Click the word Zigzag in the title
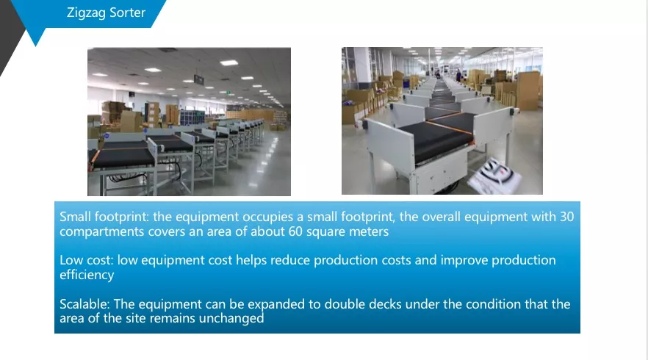pos(85,12)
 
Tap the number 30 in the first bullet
pos(566,216)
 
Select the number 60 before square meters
pos(295,231)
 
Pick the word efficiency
pos(87,275)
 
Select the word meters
pos(369,231)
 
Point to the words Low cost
pos(86,260)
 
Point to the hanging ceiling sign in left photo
pos(199,79)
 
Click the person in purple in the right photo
pos(458,76)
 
